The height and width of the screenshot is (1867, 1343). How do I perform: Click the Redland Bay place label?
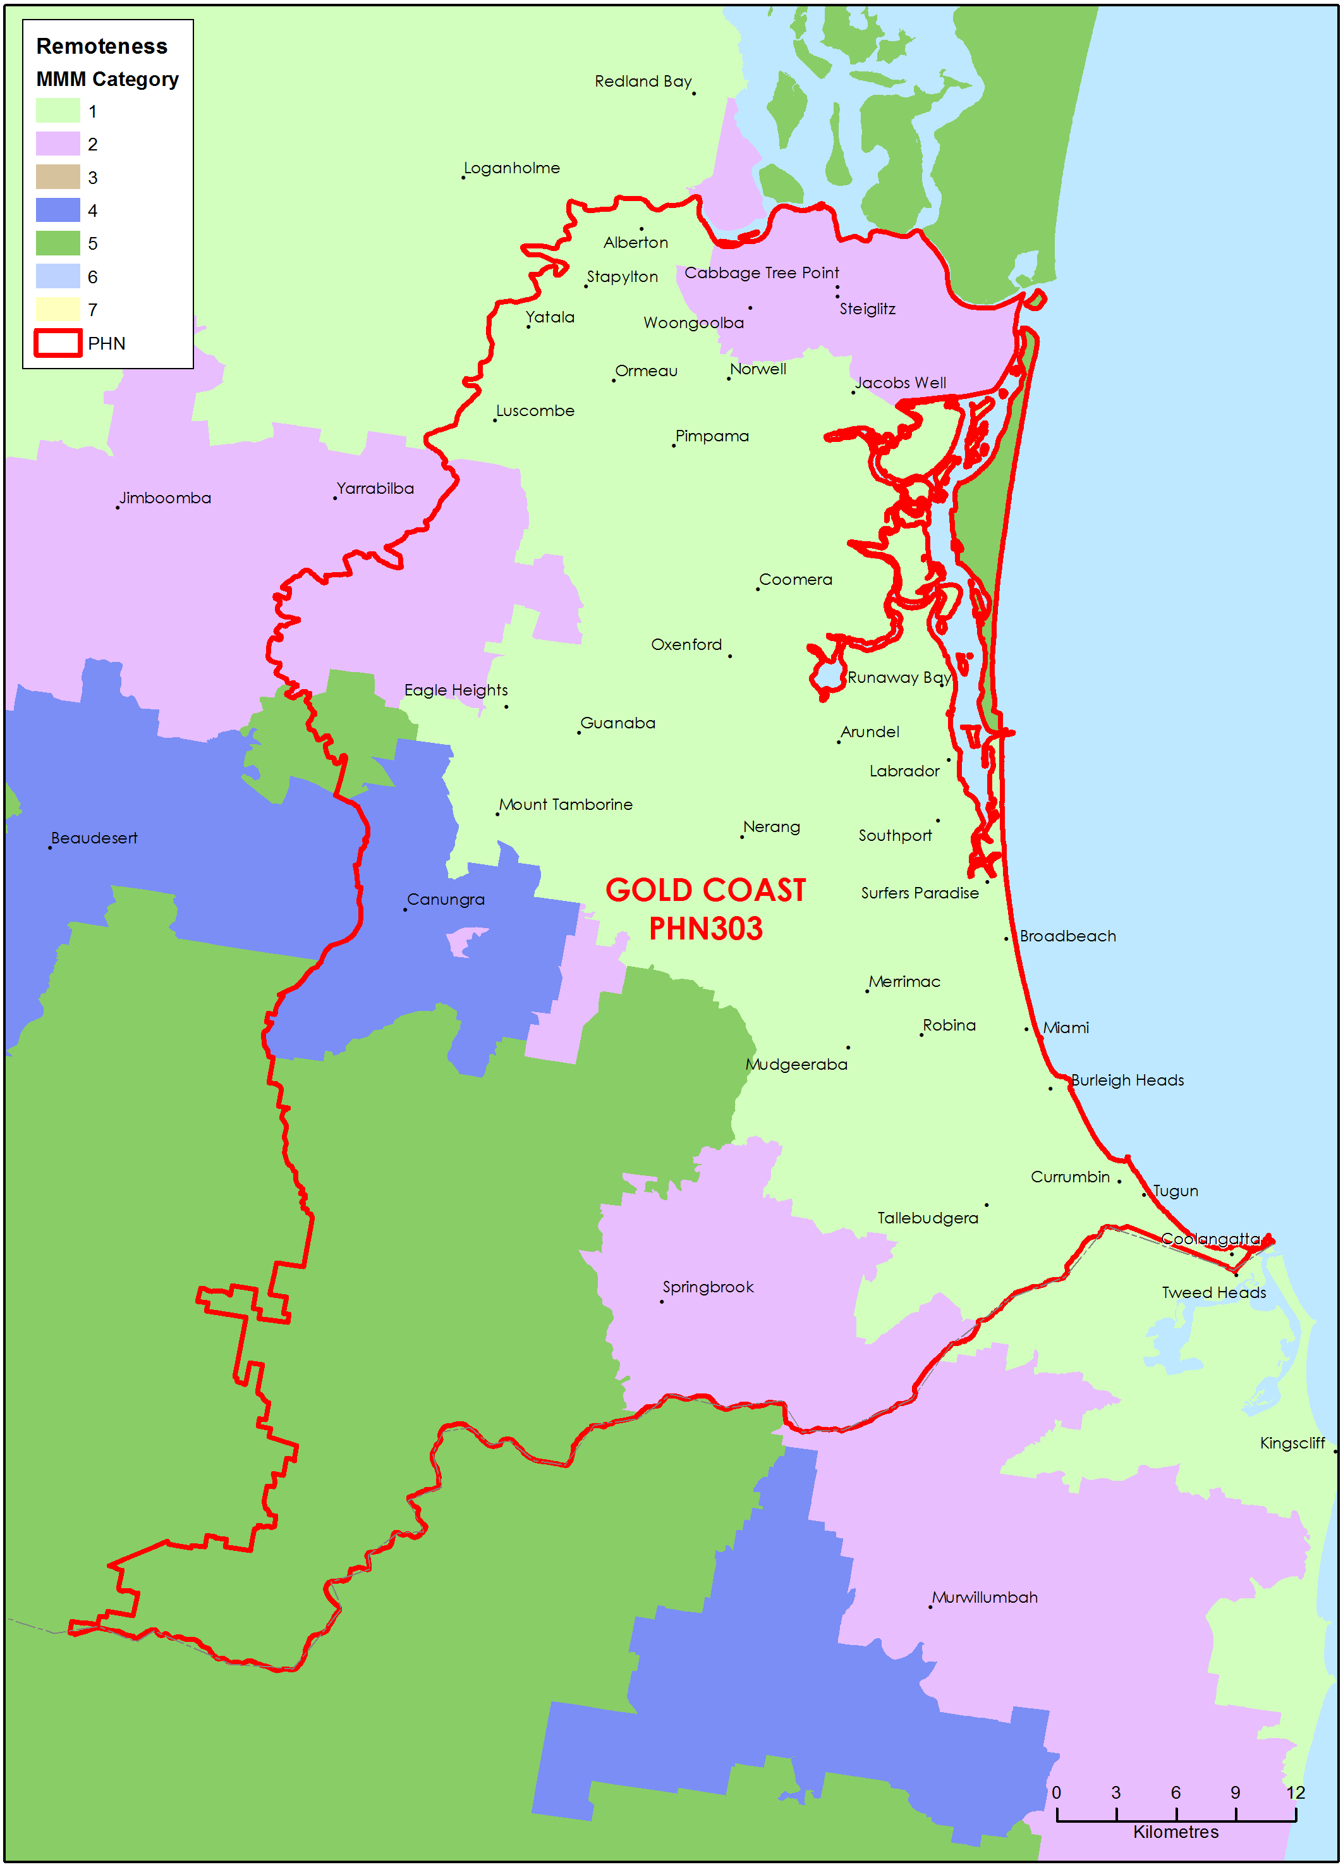(643, 82)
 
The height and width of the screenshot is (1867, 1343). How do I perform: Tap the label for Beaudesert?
(94, 838)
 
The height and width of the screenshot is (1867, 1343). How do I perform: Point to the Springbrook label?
(708, 1287)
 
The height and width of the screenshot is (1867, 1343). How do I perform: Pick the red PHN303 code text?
(705, 929)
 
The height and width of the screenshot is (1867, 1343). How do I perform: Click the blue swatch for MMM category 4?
(58, 211)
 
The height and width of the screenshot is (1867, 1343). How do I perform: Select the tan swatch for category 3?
(58, 178)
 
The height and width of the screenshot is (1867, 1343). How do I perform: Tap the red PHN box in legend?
(58, 343)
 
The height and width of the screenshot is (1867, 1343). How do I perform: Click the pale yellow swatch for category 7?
(58, 310)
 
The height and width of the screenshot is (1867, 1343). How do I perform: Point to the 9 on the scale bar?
(1235, 1793)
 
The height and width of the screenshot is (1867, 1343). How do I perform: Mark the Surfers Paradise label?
(919, 893)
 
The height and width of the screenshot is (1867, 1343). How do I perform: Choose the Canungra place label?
(445, 900)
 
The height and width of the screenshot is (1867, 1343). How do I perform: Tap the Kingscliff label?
(1292, 1443)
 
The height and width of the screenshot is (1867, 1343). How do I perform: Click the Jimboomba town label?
(166, 498)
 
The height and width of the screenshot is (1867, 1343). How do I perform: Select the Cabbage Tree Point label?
(761, 272)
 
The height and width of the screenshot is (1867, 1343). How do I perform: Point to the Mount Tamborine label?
(566, 804)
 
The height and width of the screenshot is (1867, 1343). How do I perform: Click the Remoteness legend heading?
(101, 46)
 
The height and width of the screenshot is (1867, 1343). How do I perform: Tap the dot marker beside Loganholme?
(463, 177)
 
